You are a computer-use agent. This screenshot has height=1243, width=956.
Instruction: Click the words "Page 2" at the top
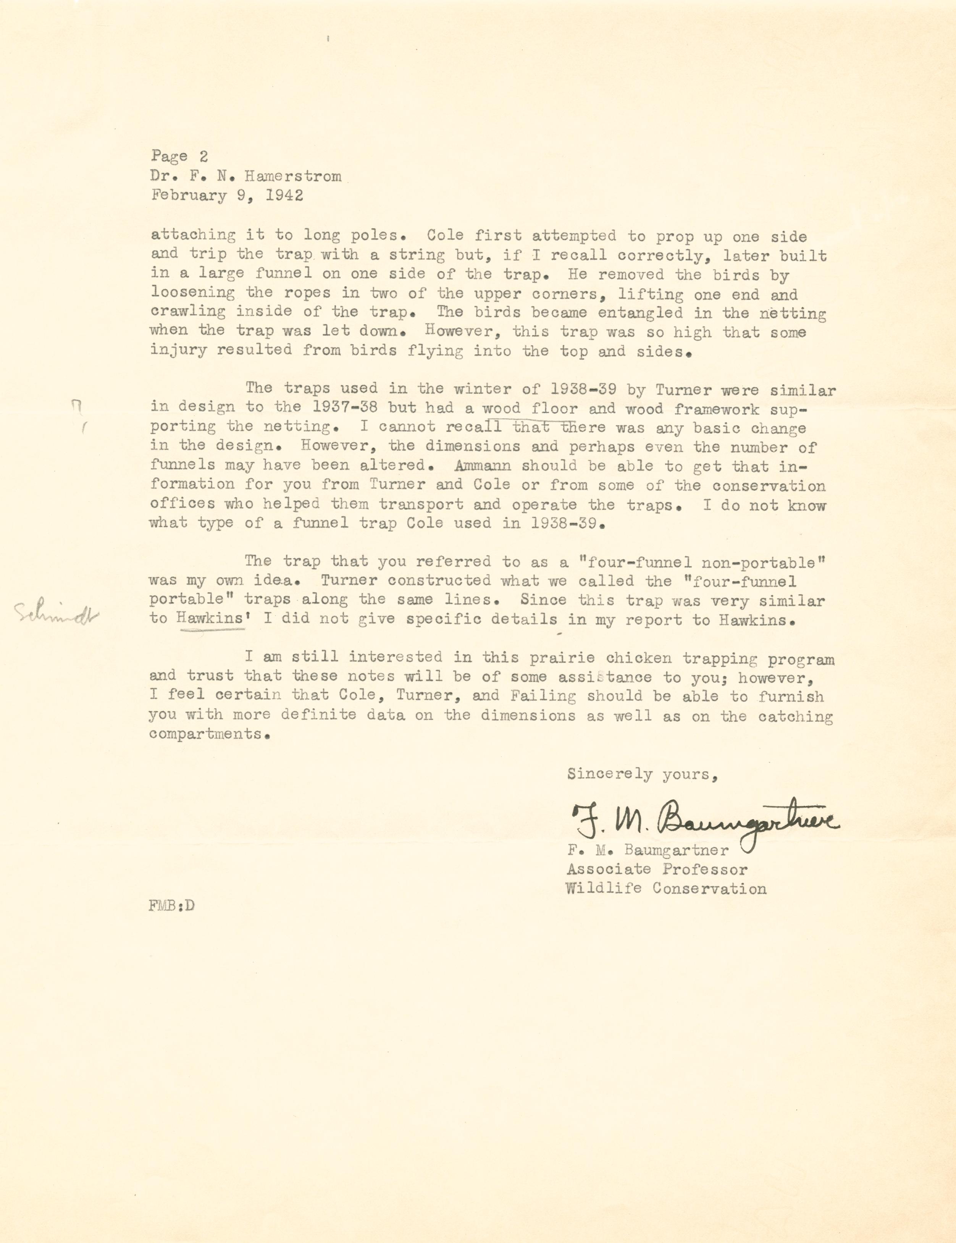pyautogui.click(x=179, y=157)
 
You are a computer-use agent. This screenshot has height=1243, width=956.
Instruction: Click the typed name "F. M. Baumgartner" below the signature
pyautogui.click(x=648, y=850)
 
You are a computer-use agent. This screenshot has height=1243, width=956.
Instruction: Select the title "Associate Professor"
pyautogui.click(x=657, y=870)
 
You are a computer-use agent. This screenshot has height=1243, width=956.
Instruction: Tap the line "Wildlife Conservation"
pyautogui.click(x=666, y=888)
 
